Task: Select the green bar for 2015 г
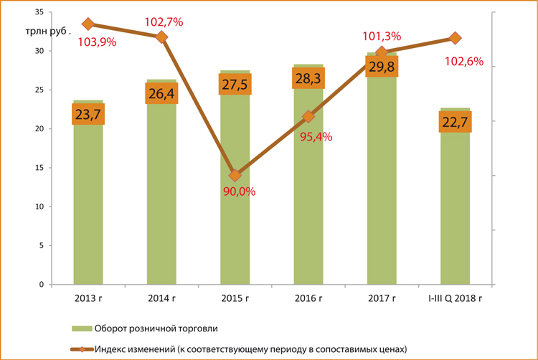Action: pos(235,229)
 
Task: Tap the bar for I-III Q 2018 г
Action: pos(455,215)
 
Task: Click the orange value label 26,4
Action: pos(161,94)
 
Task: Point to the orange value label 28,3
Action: pos(308,77)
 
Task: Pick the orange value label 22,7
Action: pos(455,122)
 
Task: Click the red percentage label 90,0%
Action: pos(240,191)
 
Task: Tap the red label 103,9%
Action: pos(99,42)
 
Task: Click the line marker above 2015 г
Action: pos(235,175)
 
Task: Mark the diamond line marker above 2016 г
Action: pos(308,116)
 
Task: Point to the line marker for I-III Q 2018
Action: pos(455,37)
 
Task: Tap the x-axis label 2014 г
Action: pos(161,298)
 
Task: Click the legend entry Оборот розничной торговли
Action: pos(154,328)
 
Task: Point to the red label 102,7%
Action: pos(164,22)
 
